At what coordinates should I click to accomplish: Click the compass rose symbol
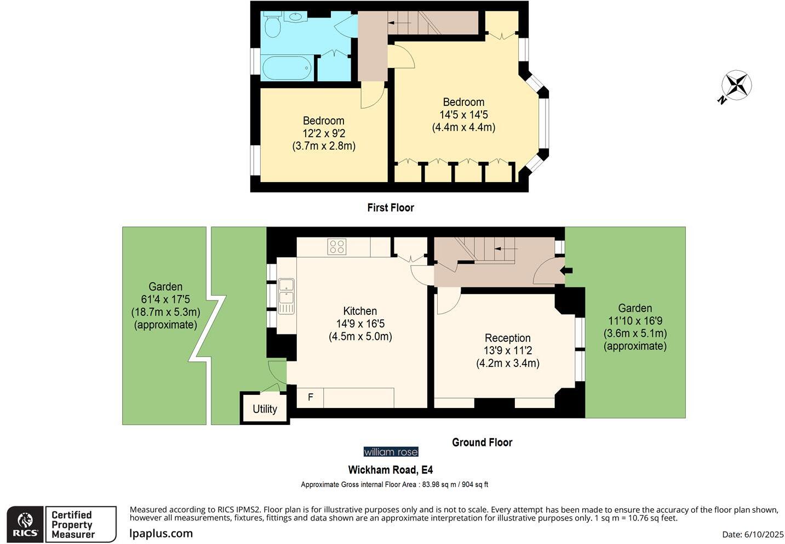click(x=736, y=86)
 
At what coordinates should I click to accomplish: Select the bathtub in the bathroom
click(x=287, y=68)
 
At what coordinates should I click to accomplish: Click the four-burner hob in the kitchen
click(x=337, y=247)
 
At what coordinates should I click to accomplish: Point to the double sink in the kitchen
click(x=287, y=296)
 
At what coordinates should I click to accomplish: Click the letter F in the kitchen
click(x=311, y=397)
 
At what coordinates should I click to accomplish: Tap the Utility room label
click(x=265, y=409)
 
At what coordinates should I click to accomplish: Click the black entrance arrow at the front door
click(x=566, y=270)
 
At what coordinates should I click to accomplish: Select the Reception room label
click(x=507, y=338)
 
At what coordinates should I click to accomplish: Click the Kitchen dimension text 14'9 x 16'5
click(x=360, y=324)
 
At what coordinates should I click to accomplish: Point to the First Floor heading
click(x=390, y=207)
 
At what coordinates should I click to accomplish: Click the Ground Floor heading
click(x=482, y=442)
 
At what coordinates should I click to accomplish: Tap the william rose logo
click(x=391, y=452)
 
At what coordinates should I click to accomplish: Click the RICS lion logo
click(x=25, y=524)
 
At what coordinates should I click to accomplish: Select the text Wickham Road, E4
click(x=390, y=470)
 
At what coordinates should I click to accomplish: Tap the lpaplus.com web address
click(x=161, y=533)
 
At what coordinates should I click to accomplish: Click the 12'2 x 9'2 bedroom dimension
click(x=323, y=133)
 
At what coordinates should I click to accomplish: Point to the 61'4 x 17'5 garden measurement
click(x=165, y=299)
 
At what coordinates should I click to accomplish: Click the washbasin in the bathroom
click(x=296, y=17)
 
